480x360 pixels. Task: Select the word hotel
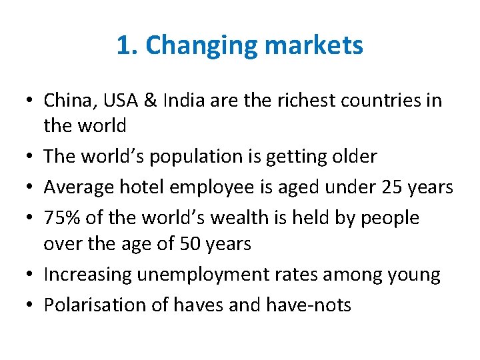point(141,187)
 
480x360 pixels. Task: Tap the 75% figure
point(62,217)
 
